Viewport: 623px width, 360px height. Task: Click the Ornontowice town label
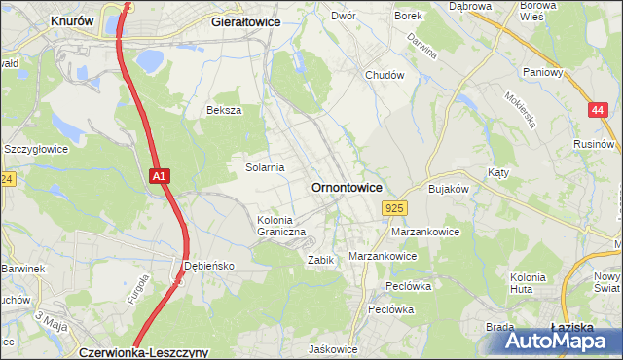pyautogui.click(x=346, y=187)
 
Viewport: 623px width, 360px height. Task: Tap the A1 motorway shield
pyautogui.click(x=161, y=176)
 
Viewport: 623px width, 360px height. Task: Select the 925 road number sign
pyautogui.click(x=394, y=208)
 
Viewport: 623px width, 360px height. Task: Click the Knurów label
pyautogui.click(x=72, y=19)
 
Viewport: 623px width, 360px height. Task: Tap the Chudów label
pyautogui.click(x=384, y=75)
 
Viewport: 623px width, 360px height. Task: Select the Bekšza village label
pyautogui.click(x=223, y=110)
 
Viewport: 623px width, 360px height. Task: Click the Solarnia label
pyautogui.click(x=264, y=167)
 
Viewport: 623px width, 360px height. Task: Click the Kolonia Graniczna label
pyautogui.click(x=281, y=226)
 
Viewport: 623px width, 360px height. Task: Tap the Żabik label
pyautogui.click(x=321, y=260)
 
